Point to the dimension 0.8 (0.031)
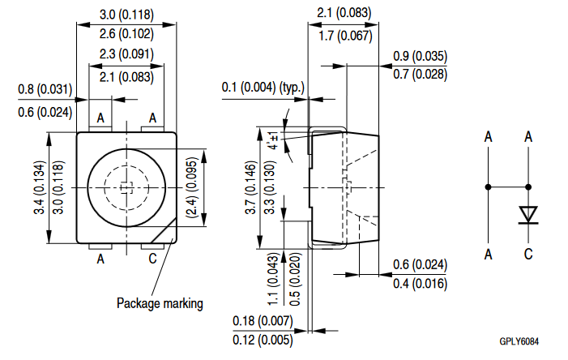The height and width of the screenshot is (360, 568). point(45,89)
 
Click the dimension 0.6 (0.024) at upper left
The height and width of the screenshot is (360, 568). point(45,111)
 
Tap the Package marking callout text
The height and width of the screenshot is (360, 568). point(160,303)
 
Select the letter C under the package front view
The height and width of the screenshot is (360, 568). point(152,259)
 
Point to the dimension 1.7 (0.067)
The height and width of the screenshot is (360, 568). point(344,36)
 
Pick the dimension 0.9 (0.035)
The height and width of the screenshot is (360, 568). point(420,56)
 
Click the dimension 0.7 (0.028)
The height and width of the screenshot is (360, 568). point(420,75)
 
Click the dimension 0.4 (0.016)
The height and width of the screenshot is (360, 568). point(419,283)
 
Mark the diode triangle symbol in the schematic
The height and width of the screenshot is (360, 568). point(528,214)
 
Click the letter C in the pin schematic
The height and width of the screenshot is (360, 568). point(528,255)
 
